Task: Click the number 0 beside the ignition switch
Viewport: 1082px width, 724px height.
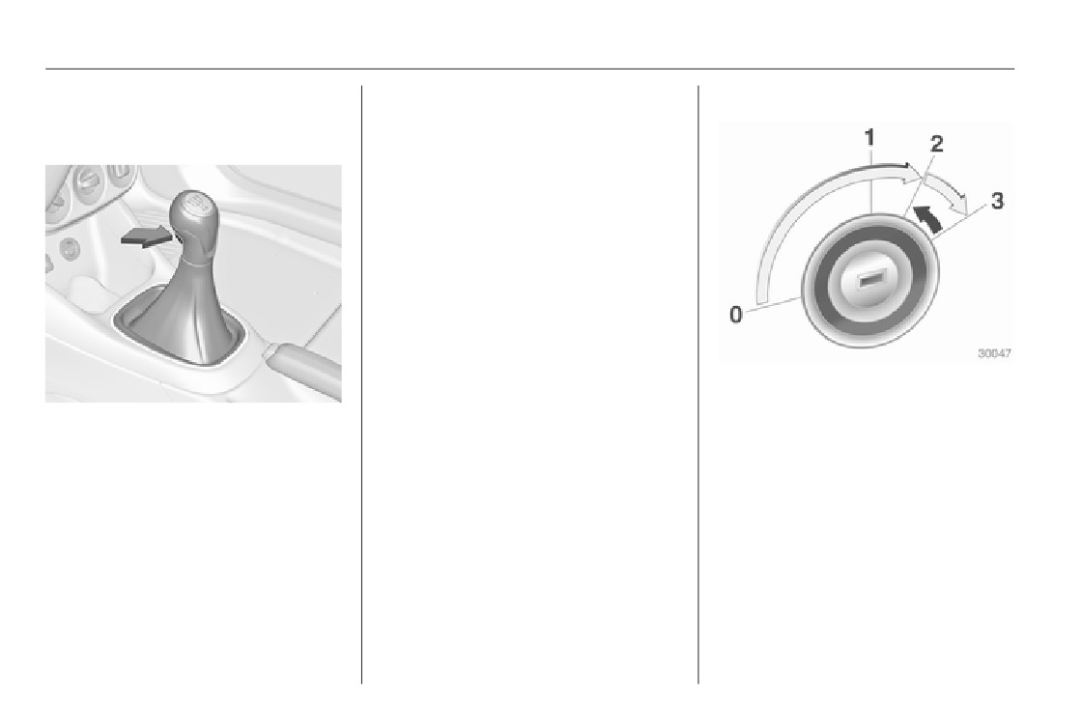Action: pyautogui.click(x=736, y=315)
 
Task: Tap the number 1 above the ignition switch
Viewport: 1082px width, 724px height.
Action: pyautogui.click(x=870, y=138)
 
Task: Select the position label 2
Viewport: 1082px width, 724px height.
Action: pyautogui.click(x=936, y=144)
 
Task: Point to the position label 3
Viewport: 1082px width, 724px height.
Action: pyautogui.click(x=997, y=202)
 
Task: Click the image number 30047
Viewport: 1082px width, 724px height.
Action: pyautogui.click(x=994, y=353)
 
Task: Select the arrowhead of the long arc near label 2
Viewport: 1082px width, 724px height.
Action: pyautogui.click(x=912, y=172)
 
